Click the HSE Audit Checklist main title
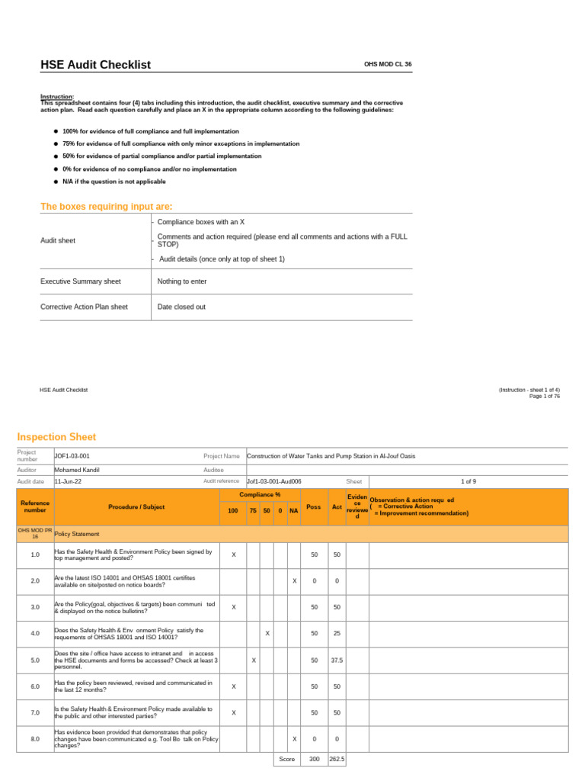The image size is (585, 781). pos(95,65)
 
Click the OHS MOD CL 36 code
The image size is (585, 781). pos(388,65)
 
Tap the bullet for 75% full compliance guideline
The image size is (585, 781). pos(56,143)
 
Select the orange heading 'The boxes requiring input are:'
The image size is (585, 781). pos(106,207)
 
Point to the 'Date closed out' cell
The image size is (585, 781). pos(181,307)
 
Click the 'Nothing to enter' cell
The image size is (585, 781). pos(181,281)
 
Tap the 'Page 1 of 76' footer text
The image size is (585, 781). pos(545,396)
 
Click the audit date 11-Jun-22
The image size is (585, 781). pos(68,481)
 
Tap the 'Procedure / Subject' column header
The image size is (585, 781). pos(136,506)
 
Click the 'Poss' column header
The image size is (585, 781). pos(313,506)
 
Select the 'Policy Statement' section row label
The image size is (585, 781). pos(77,534)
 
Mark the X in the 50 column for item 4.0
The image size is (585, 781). pos(267,633)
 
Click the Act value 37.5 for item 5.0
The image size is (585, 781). pos(337,660)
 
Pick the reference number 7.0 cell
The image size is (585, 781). pos(35,712)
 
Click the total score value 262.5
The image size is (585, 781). pos(337,760)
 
